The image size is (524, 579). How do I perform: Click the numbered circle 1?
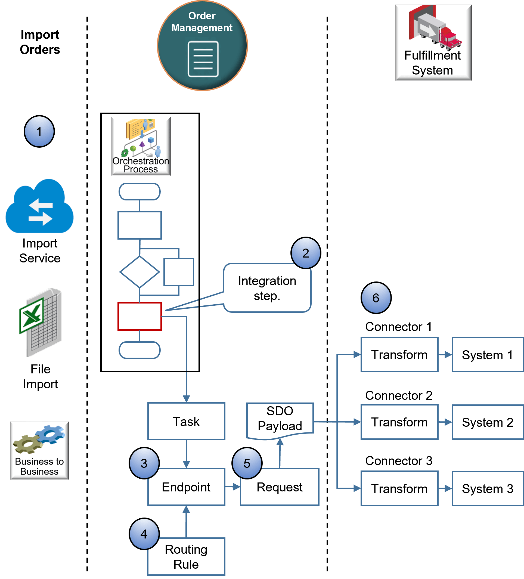(39, 132)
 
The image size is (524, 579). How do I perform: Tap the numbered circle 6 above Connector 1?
(376, 298)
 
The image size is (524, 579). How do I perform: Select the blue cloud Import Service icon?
(40, 206)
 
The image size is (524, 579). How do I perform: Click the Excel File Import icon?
(41, 322)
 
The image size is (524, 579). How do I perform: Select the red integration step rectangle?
(139, 316)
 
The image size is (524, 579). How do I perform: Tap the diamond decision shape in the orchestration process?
(139, 272)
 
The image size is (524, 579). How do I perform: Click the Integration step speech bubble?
(267, 288)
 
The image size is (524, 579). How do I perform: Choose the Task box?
(186, 421)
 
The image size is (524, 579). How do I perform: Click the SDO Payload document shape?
(280, 419)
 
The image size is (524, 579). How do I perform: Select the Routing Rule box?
(186, 557)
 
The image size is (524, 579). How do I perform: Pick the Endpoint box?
(186, 487)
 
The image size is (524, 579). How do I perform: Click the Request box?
(280, 487)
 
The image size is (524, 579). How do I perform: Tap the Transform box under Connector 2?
(399, 422)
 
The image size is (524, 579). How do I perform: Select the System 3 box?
(488, 488)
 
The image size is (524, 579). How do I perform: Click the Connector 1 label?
(399, 327)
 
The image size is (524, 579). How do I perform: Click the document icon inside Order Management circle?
(203, 59)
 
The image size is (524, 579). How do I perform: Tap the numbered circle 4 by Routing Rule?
(144, 534)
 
